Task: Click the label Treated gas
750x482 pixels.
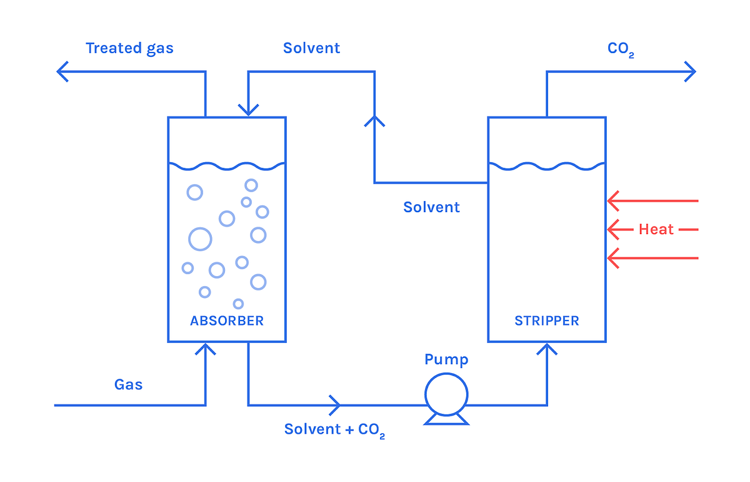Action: pos(129,48)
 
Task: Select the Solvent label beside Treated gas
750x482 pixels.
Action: pos(311,48)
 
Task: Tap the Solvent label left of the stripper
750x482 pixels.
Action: pos(431,207)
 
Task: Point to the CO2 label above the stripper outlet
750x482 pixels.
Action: pos(621,49)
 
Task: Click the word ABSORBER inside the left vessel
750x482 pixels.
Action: pos(227,321)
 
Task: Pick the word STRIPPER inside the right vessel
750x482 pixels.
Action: pos(547,321)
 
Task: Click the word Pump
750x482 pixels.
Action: pos(446,359)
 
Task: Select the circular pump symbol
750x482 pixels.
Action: pos(446,394)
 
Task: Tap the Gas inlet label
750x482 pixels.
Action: pos(128,384)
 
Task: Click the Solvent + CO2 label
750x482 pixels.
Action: pos(334,429)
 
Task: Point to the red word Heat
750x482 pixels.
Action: pos(656,230)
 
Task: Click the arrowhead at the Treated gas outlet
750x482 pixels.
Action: pos(61,71)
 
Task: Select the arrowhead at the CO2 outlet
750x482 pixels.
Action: pos(691,71)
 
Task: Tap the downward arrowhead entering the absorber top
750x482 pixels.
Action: pos(248,111)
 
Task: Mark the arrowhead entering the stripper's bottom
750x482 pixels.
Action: pos(547,347)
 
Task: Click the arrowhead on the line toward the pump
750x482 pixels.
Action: pos(336,405)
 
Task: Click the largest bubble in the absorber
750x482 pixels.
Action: pos(200,238)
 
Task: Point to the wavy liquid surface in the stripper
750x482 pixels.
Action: pos(547,166)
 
